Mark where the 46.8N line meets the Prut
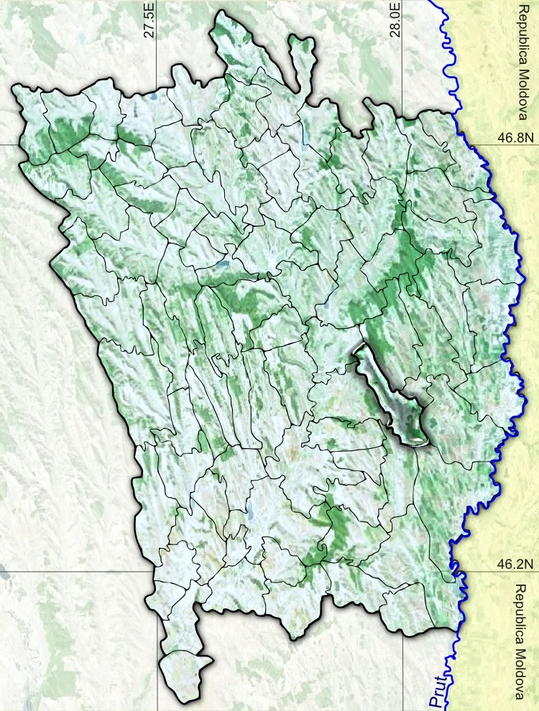[471, 144]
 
